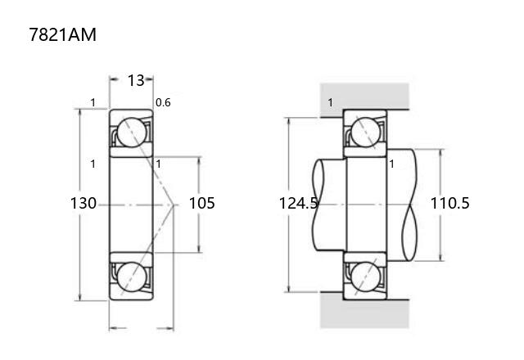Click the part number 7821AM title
pos(62,34)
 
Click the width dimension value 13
pos(136,80)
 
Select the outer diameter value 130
pos(84,203)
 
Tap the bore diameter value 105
pos(202,203)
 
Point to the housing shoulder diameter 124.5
pos(298,203)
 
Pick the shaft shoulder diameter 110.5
pos(449,203)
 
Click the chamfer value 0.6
pos(163,102)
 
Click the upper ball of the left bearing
pos(132,133)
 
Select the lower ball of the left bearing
pos(132,277)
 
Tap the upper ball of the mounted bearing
pos(366,133)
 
